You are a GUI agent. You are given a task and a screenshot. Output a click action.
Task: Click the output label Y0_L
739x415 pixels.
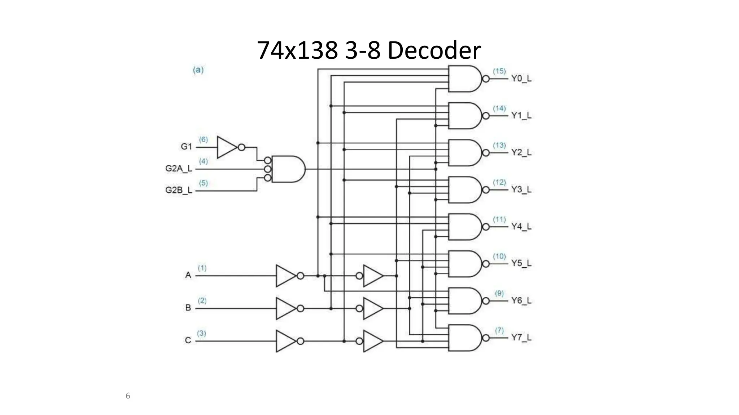pyautogui.click(x=521, y=79)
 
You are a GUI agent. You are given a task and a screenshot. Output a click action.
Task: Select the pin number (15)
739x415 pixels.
pyautogui.click(x=499, y=71)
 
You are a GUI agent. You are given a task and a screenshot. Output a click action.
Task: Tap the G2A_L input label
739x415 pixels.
pyautogui.click(x=179, y=169)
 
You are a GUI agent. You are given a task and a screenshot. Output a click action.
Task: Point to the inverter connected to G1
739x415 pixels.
pyautogui.click(x=227, y=147)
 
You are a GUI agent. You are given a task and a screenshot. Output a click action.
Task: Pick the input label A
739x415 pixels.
pyautogui.click(x=188, y=275)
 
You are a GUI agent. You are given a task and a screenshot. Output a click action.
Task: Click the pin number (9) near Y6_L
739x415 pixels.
pyautogui.click(x=499, y=293)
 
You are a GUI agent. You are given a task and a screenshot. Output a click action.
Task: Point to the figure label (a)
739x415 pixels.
pyautogui.click(x=198, y=70)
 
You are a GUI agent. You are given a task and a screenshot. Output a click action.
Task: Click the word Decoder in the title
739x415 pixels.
pyautogui.click(x=434, y=50)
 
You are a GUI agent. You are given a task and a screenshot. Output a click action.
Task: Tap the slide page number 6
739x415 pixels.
pyautogui.click(x=128, y=396)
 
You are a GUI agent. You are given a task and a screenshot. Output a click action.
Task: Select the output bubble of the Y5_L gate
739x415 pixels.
pyautogui.click(x=486, y=264)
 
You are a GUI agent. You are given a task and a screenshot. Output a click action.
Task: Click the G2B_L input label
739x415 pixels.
pyautogui.click(x=179, y=190)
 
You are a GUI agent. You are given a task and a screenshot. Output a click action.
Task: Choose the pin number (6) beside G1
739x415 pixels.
pyautogui.click(x=204, y=139)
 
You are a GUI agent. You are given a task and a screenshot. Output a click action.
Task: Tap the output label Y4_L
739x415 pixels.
pyautogui.click(x=521, y=227)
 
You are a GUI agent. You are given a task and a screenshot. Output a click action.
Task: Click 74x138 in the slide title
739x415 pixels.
pyautogui.click(x=297, y=50)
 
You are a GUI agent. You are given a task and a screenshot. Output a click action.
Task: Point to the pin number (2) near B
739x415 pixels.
pyautogui.click(x=202, y=300)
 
